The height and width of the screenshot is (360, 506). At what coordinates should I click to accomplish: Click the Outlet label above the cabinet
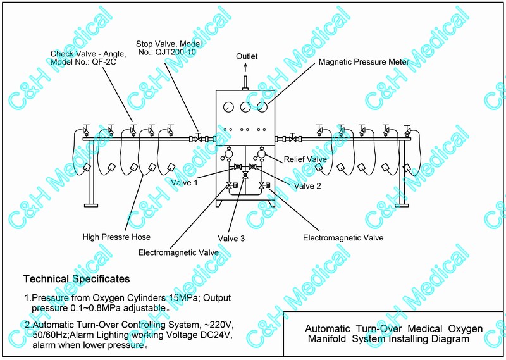[x=247, y=56]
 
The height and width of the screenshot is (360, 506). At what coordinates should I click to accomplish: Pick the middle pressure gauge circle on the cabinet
[x=247, y=107]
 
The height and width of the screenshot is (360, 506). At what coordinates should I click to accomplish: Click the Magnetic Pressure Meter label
[x=364, y=63]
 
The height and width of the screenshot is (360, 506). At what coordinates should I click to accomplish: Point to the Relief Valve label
[x=305, y=159]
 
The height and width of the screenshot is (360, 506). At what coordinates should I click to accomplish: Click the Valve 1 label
[x=184, y=183]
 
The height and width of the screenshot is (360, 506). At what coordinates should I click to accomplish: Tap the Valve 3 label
[x=231, y=238]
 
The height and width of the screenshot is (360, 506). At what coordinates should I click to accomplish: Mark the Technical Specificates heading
[x=77, y=278]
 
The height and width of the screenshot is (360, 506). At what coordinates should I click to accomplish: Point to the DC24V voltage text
[x=214, y=336]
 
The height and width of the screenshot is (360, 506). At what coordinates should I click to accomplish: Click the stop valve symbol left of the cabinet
[x=199, y=138]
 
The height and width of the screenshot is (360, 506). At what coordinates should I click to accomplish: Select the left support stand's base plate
[x=91, y=205]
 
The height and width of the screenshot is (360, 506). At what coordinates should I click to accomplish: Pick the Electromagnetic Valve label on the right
[x=343, y=238]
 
